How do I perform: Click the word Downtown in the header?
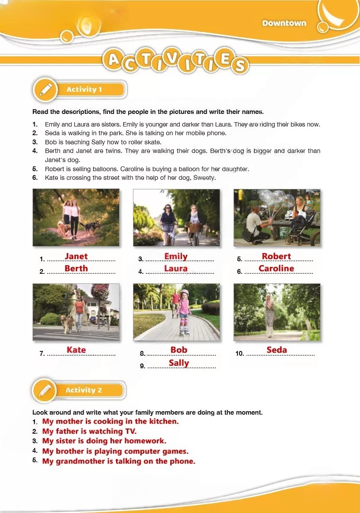pos(284,23)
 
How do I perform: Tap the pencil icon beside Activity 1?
pos(46,89)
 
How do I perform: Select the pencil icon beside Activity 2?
pos(45,390)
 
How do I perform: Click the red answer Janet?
pos(76,256)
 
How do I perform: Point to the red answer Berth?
pos(76,268)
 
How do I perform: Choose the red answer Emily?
pos(176,256)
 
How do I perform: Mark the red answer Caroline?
pos(276,268)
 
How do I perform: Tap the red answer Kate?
pos(76,350)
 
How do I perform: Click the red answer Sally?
pos(179,363)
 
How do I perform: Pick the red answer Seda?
pos(277,350)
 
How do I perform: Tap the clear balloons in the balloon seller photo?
pos(275,199)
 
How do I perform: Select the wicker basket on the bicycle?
pos(195,228)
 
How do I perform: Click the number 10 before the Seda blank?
pos(239,354)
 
